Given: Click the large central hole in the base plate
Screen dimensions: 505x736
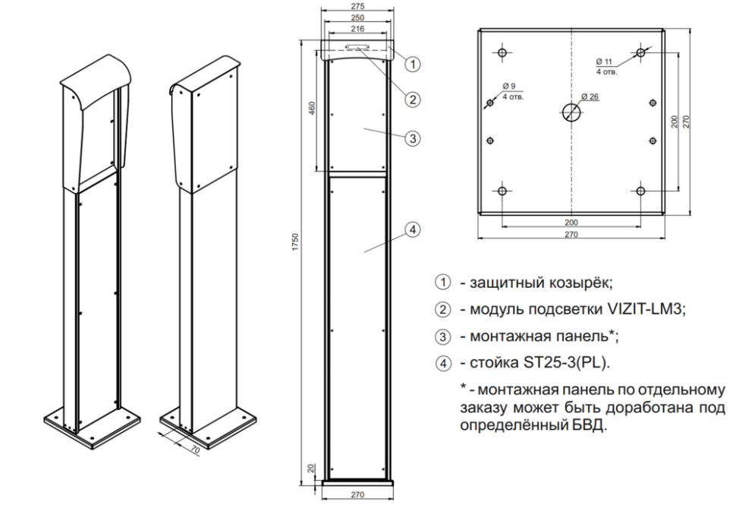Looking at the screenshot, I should [x=571, y=114].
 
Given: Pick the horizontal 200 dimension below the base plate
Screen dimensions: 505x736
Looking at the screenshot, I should [x=571, y=222].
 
